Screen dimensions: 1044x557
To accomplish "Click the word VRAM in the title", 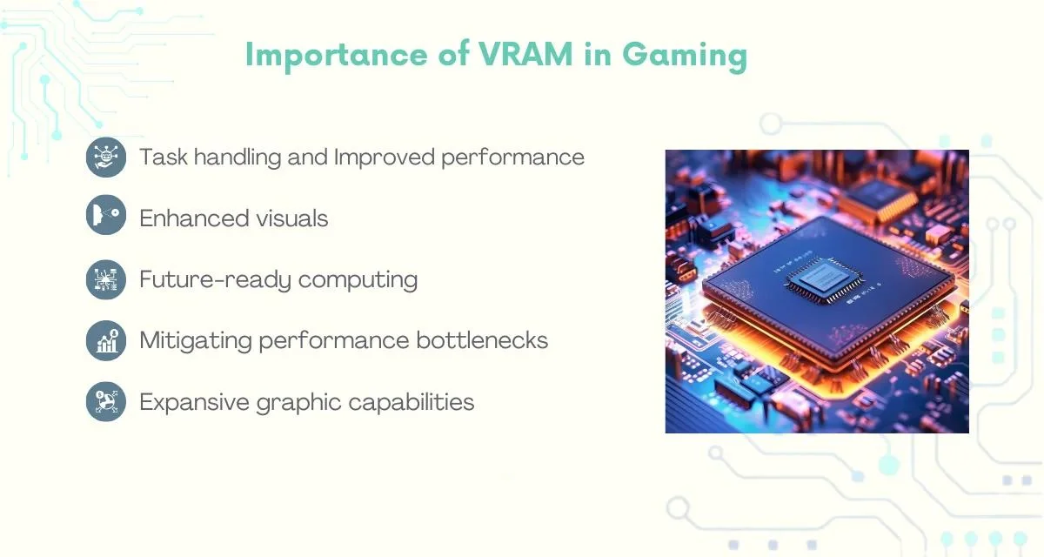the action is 525,54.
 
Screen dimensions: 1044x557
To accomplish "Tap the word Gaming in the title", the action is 685,57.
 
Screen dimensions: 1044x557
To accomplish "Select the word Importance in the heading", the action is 336,57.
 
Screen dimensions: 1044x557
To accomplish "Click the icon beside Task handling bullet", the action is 106,157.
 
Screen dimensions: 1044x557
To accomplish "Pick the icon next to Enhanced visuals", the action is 106,214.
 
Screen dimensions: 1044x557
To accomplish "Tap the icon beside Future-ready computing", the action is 106,279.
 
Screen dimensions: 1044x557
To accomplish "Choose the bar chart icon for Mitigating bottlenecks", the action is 106,340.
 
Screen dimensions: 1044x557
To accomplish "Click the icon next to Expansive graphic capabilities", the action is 106,402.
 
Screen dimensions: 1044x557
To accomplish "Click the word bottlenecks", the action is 482,339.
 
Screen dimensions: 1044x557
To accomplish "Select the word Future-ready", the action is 216,280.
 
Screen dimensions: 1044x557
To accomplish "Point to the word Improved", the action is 384,158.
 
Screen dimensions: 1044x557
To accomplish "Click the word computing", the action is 358,280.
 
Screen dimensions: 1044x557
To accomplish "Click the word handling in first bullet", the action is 238,157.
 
